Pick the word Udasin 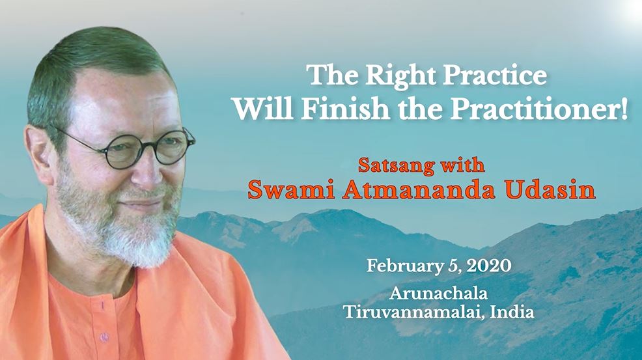(550, 189)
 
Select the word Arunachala (438, 293)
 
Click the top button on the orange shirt (102, 305)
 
